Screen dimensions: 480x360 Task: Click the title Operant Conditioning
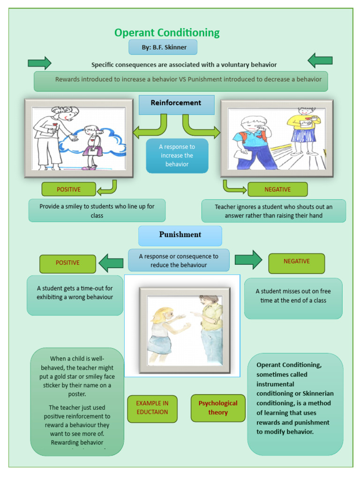click(x=167, y=33)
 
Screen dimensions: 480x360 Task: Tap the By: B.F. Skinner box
click(x=163, y=47)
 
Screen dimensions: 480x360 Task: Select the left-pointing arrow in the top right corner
click(x=320, y=60)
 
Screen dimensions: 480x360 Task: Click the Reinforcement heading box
click(x=176, y=104)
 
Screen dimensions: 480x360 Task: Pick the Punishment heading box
click(x=180, y=235)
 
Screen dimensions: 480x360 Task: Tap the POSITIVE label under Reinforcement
click(x=68, y=189)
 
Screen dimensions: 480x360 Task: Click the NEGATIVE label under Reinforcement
click(x=277, y=189)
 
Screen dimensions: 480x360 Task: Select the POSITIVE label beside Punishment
click(x=67, y=263)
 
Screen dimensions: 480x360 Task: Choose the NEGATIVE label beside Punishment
click(x=296, y=262)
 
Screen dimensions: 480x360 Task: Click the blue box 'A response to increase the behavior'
click(x=177, y=156)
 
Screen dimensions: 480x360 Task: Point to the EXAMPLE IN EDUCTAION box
click(x=152, y=408)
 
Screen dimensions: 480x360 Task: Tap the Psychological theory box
click(x=218, y=408)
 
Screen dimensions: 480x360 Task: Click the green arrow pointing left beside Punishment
click(x=111, y=263)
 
